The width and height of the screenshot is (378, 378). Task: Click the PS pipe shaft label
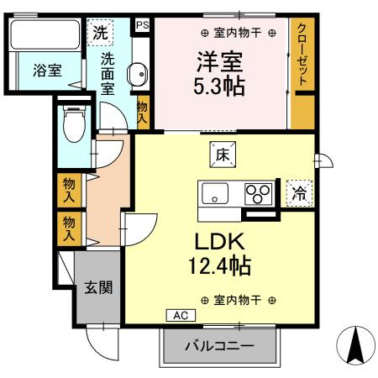pos(143,25)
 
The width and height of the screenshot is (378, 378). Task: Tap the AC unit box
pos(181,315)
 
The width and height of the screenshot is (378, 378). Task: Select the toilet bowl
pos(74,124)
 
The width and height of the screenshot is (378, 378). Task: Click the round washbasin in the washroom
pos(138,74)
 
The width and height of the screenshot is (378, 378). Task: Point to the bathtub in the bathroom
pos(45,34)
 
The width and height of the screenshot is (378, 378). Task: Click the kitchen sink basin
pos(215,193)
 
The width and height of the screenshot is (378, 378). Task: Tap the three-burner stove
pos(258,193)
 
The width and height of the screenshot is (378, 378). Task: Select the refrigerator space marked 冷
pos(299,193)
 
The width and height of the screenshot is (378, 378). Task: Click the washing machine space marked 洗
pos(100,33)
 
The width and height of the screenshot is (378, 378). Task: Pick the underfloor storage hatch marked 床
pos(223,155)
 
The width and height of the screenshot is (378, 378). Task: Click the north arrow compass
pos(355,345)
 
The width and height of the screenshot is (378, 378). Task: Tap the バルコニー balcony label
pos(219,346)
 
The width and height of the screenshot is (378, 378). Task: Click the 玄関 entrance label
pos(98,287)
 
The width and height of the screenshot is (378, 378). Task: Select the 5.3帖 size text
pos(219,86)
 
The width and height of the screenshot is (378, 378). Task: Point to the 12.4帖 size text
pos(220,265)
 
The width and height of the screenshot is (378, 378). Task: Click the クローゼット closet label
pos(302,55)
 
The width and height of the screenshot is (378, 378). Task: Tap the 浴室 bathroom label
pos(47,71)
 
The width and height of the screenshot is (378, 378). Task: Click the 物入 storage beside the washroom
pos(142,112)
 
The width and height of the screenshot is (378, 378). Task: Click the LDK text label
pos(220,242)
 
